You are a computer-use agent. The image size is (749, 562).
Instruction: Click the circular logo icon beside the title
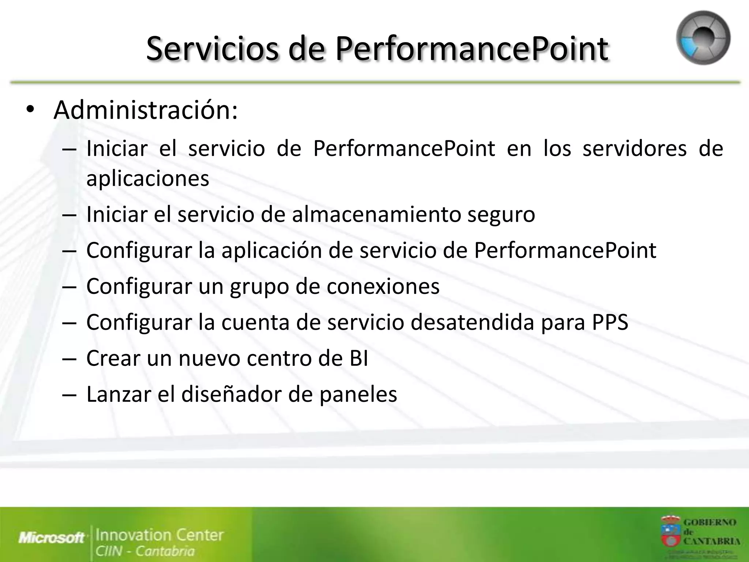(703, 38)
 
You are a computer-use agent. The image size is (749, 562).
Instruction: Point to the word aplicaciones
(148, 179)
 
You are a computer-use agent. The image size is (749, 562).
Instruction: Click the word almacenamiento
(376, 214)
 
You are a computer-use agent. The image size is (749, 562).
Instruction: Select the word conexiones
(383, 286)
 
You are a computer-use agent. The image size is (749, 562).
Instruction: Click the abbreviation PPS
(610, 322)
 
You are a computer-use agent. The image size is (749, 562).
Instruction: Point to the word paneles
(358, 395)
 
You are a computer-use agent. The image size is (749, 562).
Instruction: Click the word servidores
(635, 149)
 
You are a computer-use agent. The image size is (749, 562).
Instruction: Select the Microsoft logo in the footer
(51, 537)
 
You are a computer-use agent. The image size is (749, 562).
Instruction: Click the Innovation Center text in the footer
(159, 535)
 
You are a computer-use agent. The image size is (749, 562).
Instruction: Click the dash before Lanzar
(69, 395)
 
